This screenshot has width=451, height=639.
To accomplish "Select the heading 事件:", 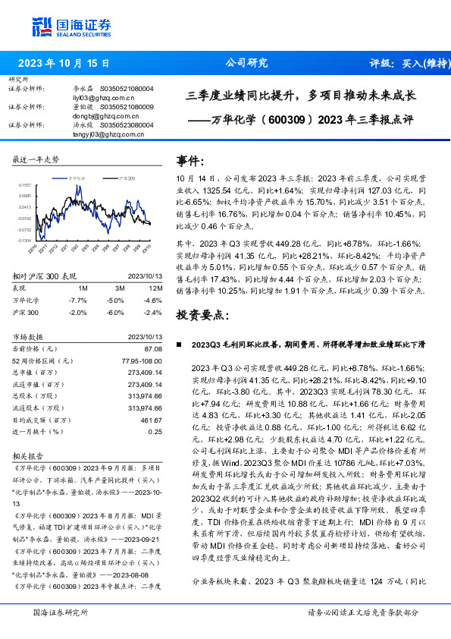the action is coord(190,161).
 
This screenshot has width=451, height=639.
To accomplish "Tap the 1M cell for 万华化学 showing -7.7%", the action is coord(83,301).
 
